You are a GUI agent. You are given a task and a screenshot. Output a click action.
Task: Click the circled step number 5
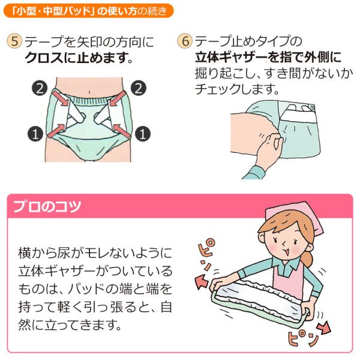point(14,41)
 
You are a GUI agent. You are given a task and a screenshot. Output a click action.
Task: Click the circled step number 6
point(185,41)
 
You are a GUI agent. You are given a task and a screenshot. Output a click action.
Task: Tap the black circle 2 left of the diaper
point(40,88)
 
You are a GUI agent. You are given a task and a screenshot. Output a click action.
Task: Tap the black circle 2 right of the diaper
point(139,88)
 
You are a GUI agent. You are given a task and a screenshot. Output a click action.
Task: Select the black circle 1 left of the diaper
point(35,134)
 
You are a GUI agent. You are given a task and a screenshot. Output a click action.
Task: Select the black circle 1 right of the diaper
point(143,134)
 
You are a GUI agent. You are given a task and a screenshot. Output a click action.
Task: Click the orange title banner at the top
point(88,11)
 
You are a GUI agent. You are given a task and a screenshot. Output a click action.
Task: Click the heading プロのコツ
point(47,206)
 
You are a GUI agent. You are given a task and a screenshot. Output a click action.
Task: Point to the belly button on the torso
point(89,92)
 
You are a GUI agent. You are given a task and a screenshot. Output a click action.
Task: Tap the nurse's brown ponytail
point(307,258)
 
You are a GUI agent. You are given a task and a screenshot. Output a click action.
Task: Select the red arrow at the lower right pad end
point(323,327)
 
